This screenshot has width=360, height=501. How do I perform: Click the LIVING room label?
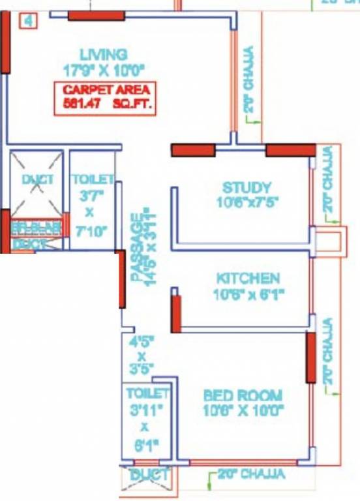[x=103, y=53]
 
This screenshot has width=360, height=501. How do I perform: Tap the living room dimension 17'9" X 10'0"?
[x=103, y=67]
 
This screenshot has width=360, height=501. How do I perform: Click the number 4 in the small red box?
[x=28, y=21]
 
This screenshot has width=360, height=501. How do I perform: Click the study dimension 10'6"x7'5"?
[x=247, y=203]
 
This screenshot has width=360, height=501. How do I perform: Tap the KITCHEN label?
[x=248, y=279]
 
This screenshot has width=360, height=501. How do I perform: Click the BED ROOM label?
[x=243, y=395]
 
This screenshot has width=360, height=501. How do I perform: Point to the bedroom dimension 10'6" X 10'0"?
[x=243, y=410]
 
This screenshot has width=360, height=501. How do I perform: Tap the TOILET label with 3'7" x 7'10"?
[x=93, y=179]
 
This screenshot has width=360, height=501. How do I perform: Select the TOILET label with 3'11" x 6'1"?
[x=147, y=393]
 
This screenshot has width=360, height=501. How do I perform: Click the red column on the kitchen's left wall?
[x=175, y=314]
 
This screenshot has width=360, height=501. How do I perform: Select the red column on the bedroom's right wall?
[x=311, y=356]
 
